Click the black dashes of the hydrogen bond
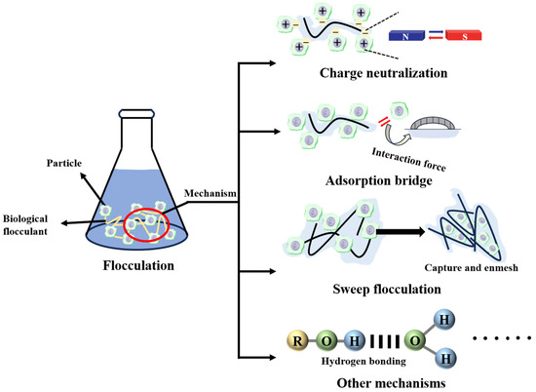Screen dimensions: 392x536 tap(384, 341)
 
